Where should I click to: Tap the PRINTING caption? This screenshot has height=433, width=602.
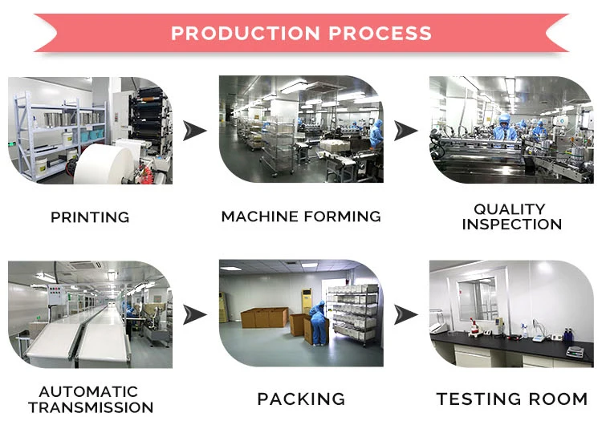90,217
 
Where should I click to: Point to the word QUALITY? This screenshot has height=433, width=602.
509,209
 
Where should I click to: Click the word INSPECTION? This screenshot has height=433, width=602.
511,225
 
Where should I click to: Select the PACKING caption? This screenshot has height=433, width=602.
301,399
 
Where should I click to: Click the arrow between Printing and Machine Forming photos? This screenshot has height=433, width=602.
194,130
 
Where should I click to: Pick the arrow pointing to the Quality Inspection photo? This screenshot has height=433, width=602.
406,130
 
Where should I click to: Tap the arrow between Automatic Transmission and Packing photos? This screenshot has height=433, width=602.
194,314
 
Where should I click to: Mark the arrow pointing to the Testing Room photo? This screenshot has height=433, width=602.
406,314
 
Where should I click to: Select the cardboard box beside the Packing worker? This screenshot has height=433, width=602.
298,324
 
